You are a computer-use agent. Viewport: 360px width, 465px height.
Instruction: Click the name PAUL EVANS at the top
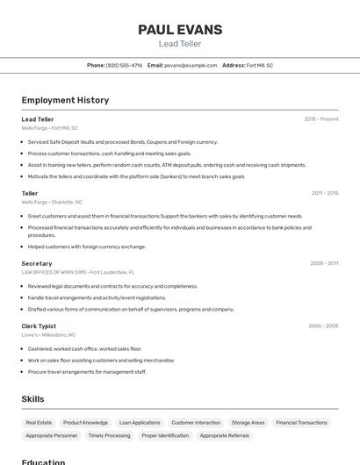[x=180, y=30]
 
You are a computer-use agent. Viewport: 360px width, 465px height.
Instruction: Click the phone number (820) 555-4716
[x=124, y=65]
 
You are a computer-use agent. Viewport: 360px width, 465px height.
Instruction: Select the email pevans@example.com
[x=191, y=65]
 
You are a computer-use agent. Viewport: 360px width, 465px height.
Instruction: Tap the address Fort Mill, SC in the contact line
[x=259, y=65]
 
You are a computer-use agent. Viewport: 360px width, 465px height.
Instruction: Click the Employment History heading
[x=65, y=100]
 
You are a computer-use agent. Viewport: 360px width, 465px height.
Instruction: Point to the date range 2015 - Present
[x=320, y=119]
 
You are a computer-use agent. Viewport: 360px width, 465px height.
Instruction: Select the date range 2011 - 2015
[x=324, y=193]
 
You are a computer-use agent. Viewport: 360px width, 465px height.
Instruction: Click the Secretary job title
[x=37, y=263]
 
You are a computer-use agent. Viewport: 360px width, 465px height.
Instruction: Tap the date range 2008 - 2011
[x=323, y=263]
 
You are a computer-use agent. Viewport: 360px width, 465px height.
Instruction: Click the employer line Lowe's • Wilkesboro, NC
[x=48, y=334]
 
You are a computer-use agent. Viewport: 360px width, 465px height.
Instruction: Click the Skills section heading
[x=32, y=398]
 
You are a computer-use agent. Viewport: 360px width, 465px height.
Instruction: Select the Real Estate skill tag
[x=39, y=422]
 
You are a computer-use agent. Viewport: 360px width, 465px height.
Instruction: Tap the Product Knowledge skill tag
[x=85, y=422]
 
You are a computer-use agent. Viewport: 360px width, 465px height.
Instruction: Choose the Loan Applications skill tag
[x=140, y=422]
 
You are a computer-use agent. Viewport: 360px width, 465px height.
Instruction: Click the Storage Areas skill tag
[x=248, y=422]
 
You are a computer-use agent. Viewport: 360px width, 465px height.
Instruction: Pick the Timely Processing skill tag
[x=109, y=435]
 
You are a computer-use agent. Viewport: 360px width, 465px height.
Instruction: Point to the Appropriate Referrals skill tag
[x=224, y=435]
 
